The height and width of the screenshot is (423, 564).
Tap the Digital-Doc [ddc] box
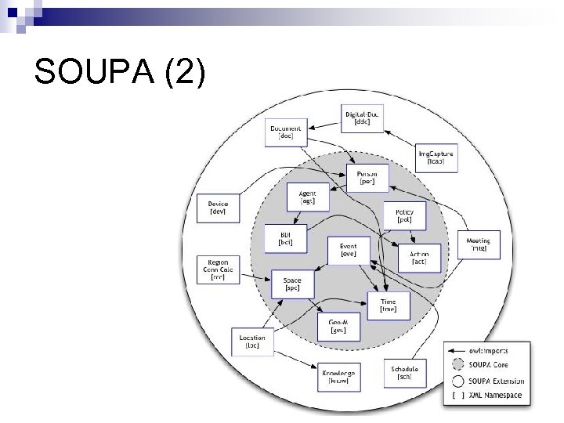(x=362, y=118)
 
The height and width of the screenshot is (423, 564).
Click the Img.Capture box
(x=435, y=157)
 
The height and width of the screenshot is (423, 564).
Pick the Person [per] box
(x=367, y=178)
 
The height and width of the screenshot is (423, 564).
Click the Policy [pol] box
(x=404, y=215)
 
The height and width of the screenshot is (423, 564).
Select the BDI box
(x=284, y=239)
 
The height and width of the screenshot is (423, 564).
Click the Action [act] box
(x=419, y=257)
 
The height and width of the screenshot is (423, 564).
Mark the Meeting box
(x=478, y=245)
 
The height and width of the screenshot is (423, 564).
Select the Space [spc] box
(x=291, y=284)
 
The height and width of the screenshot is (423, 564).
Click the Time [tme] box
(x=389, y=305)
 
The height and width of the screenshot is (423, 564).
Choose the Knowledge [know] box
(x=338, y=376)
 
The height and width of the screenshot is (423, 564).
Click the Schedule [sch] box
(x=404, y=372)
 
